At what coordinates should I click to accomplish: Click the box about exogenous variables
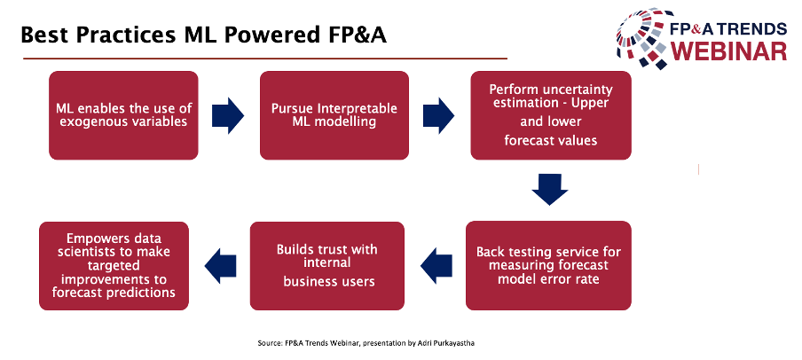pos(123,115)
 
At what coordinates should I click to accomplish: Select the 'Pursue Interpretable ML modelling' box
pos(334,115)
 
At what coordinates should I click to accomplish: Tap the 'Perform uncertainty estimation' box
pos(551,115)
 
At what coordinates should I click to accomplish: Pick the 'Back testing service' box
pos(548,265)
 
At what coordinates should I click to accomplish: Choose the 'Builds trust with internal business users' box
pos(326,265)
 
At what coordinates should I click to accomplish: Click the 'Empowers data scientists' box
pos(114,265)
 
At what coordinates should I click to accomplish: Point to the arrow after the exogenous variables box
pos(228,115)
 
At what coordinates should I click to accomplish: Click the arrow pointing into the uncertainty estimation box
pos(439,115)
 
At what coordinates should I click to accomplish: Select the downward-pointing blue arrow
pos(550,189)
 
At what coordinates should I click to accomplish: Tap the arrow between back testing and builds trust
pos(436,265)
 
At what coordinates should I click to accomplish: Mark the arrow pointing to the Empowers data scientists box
pos(220,265)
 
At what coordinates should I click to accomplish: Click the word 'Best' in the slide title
pos(46,35)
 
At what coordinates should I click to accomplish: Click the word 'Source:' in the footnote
pos(270,344)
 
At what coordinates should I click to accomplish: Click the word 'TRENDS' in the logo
pos(756,27)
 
